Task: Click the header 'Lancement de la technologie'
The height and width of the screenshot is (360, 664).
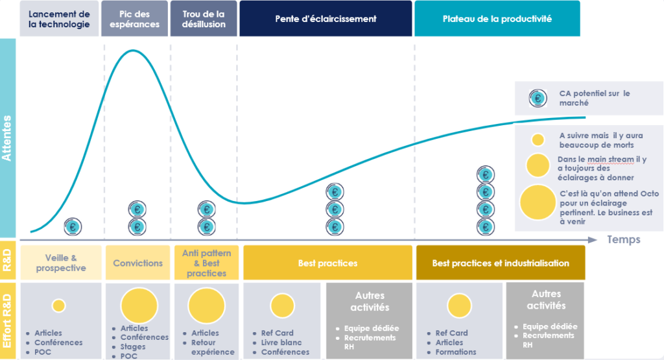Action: [60, 19]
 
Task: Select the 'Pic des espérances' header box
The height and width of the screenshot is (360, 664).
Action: [135, 19]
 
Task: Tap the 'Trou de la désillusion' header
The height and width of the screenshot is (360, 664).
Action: [204, 19]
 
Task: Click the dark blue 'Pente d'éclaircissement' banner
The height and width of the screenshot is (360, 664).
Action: [326, 19]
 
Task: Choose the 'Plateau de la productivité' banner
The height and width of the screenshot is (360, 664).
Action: [497, 19]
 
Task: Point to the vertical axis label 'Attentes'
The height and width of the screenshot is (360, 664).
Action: [8, 138]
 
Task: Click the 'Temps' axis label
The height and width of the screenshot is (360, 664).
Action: [623, 240]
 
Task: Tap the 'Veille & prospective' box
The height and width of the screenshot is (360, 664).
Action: [60, 263]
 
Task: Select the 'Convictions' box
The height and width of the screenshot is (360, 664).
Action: [137, 263]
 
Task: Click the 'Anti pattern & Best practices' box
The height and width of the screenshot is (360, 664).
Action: [206, 263]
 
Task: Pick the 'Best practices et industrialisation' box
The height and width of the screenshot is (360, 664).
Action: [500, 263]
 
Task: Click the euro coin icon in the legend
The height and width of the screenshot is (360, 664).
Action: [538, 98]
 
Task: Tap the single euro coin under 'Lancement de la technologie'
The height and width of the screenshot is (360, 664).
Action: [73, 227]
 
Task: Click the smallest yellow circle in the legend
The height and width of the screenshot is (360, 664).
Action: [538, 139]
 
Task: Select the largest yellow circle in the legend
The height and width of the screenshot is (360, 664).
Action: [538, 202]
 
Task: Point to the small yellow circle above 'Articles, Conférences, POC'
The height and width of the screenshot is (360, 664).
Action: [59, 305]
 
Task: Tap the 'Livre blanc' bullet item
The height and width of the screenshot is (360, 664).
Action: [281, 342]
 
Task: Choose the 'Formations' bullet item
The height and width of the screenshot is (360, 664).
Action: [456, 352]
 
